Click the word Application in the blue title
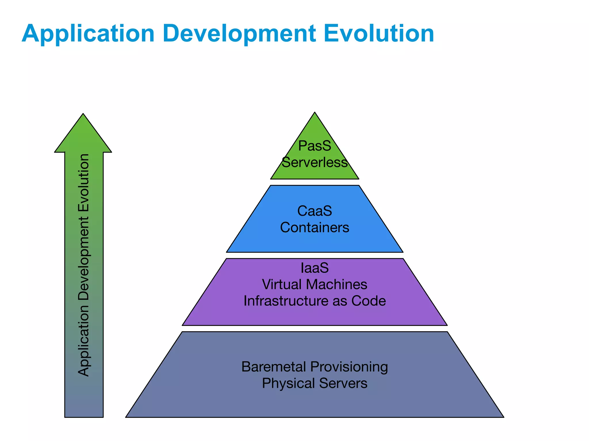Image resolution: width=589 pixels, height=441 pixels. pos(88,34)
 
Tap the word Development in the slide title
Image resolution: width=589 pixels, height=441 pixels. pos(239,34)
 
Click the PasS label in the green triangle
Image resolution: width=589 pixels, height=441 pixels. pos(314,146)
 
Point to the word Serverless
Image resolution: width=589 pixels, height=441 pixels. pos(315,163)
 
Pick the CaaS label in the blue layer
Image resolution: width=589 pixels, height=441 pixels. pos(314,211)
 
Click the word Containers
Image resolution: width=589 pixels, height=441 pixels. pos(314,228)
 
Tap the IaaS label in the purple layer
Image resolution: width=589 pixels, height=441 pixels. pos(314,268)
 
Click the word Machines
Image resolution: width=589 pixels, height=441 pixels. pos(336,285)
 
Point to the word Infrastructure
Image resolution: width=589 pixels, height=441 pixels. pos(286,301)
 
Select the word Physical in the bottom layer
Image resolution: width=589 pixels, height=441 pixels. pos(289,384)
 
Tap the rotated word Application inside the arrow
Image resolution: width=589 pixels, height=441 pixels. pos(84,340)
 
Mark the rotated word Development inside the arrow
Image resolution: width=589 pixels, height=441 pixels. pos(84,259)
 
